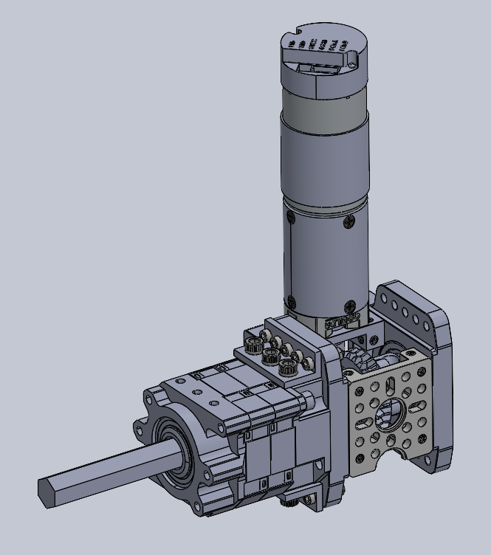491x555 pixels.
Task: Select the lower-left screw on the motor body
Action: click(292, 301)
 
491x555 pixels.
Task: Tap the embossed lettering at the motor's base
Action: click(340, 323)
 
